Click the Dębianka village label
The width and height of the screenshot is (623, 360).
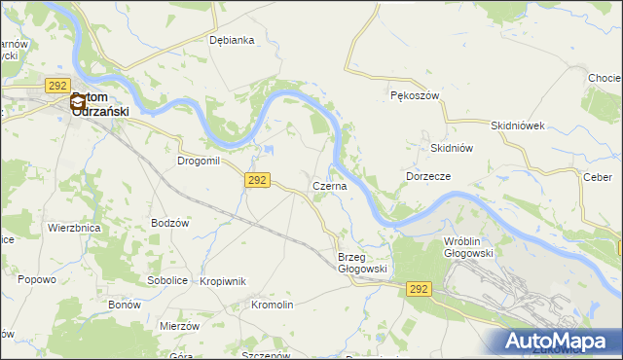(232, 40)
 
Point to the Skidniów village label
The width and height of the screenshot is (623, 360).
(451, 148)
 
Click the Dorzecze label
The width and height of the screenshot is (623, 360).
(427, 176)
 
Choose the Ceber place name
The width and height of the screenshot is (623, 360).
(597, 177)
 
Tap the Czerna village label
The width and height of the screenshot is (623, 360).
(329, 186)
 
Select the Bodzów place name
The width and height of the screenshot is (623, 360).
(169, 223)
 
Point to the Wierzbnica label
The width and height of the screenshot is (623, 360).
(74, 228)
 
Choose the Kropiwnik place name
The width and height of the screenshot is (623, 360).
(222, 281)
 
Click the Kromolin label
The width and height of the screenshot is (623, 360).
(272, 305)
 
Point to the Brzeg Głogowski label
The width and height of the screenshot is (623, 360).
(363, 263)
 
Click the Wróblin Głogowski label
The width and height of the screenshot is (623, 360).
(468, 246)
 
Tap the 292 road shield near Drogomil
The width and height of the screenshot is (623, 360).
(257, 181)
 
